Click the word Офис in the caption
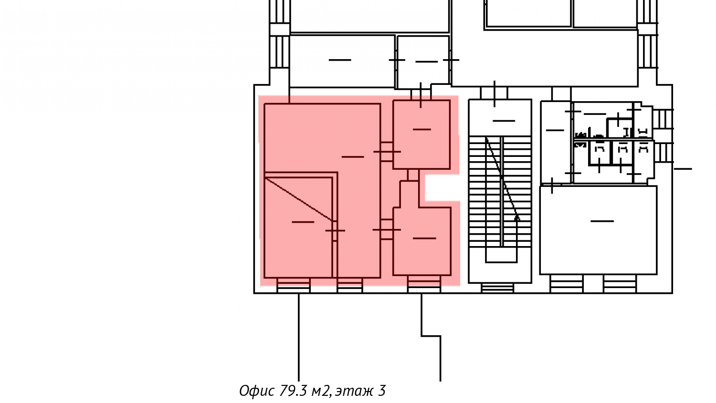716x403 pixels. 257,391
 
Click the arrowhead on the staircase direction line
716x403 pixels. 516,218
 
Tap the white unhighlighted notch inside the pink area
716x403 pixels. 442,188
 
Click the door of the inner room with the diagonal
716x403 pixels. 335,230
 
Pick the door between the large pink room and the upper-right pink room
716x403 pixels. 387,152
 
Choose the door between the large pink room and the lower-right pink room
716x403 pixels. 387,229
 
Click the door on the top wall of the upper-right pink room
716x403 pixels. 421,94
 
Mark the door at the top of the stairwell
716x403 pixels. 495,93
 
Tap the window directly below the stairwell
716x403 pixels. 498,288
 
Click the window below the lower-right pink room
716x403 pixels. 424,285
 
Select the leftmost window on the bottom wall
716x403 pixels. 294,286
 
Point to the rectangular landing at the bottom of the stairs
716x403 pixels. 501,255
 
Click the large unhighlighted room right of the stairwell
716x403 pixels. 599,230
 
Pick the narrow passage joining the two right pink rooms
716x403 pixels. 413,175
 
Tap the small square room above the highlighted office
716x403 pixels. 423,62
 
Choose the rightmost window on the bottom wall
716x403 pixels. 620,284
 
